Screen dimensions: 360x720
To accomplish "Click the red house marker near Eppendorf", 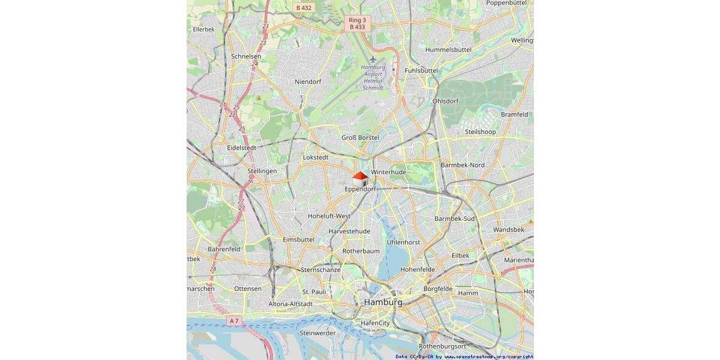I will coord(360,179).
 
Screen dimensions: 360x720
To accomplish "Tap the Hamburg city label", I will coord(383,302).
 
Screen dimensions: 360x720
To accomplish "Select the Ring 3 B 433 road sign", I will coord(357,23).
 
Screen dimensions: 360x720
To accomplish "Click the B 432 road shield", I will coord(304,8).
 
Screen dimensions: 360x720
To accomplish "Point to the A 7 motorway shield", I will coord(234,321).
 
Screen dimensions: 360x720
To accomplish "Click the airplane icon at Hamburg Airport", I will coord(373,59).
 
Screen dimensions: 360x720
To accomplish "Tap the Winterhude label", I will coord(388,172).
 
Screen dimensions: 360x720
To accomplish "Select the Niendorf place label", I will coord(308,82).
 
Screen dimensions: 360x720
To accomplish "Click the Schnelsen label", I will coord(246,56).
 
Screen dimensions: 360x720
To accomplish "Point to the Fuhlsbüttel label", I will coord(421,70).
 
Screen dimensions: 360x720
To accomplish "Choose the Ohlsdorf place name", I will coord(445,101).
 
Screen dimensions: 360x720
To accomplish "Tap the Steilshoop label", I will coord(480,132).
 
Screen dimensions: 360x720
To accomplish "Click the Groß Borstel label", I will coord(360,138).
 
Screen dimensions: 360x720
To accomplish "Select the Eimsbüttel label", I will coord(298,239).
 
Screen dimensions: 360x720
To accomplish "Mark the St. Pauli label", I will coord(314,292).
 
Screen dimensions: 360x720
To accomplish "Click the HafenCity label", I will coord(375,323).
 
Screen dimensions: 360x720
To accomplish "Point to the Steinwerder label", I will coord(317,332).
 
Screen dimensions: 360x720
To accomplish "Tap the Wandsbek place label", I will coord(508,230).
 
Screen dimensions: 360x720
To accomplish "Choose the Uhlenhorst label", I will coord(404,242).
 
